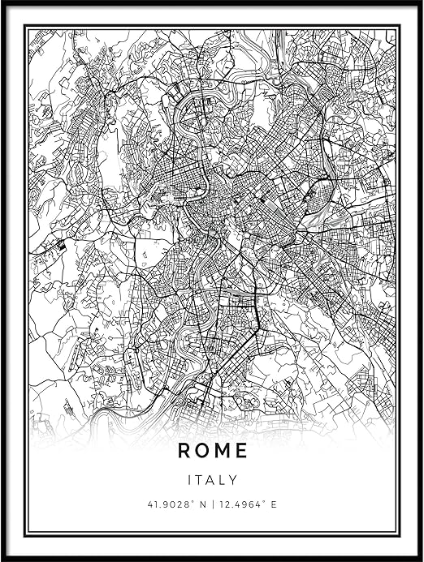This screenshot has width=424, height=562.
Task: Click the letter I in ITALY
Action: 188,480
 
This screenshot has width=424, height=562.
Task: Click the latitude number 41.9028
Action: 166,504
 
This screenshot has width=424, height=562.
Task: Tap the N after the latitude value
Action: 198,504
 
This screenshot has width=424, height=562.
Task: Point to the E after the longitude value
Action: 274,504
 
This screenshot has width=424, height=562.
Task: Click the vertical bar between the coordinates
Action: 209,504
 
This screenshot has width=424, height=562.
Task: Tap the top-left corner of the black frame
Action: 2,2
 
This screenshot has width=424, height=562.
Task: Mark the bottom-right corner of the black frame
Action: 421,559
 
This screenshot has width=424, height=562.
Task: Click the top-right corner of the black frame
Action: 421,2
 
